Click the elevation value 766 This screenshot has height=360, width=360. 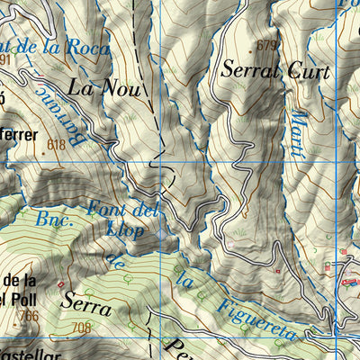pos(30,315)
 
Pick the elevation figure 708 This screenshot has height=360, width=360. pos(85,327)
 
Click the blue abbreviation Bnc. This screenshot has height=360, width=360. pos(54,219)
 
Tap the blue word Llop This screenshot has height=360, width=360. pos(126,231)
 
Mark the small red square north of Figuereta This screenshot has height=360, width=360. pos(277,271)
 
